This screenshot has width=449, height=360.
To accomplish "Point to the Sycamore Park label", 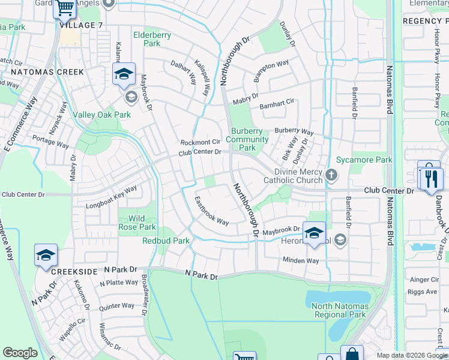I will pyautogui.click(x=364, y=160).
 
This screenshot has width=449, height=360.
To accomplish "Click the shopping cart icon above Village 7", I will pyautogui.click(x=65, y=8).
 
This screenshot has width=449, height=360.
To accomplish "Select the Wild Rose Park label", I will pyautogui.click(x=139, y=223).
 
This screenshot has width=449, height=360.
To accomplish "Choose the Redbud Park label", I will pyautogui.click(x=166, y=241).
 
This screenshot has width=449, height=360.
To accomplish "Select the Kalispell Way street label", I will pyautogui.click(x=202, y=77).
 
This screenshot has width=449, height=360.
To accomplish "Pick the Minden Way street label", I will pyautogui.click(x=301, y=260).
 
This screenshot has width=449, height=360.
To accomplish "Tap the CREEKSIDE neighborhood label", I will pyautogui.click(x=74, y=272).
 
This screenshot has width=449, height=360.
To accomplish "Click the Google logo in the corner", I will pyautogui.click(x=20, y=353).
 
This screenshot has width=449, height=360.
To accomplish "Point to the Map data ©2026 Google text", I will pyautogui.click(x=411, y=355).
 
